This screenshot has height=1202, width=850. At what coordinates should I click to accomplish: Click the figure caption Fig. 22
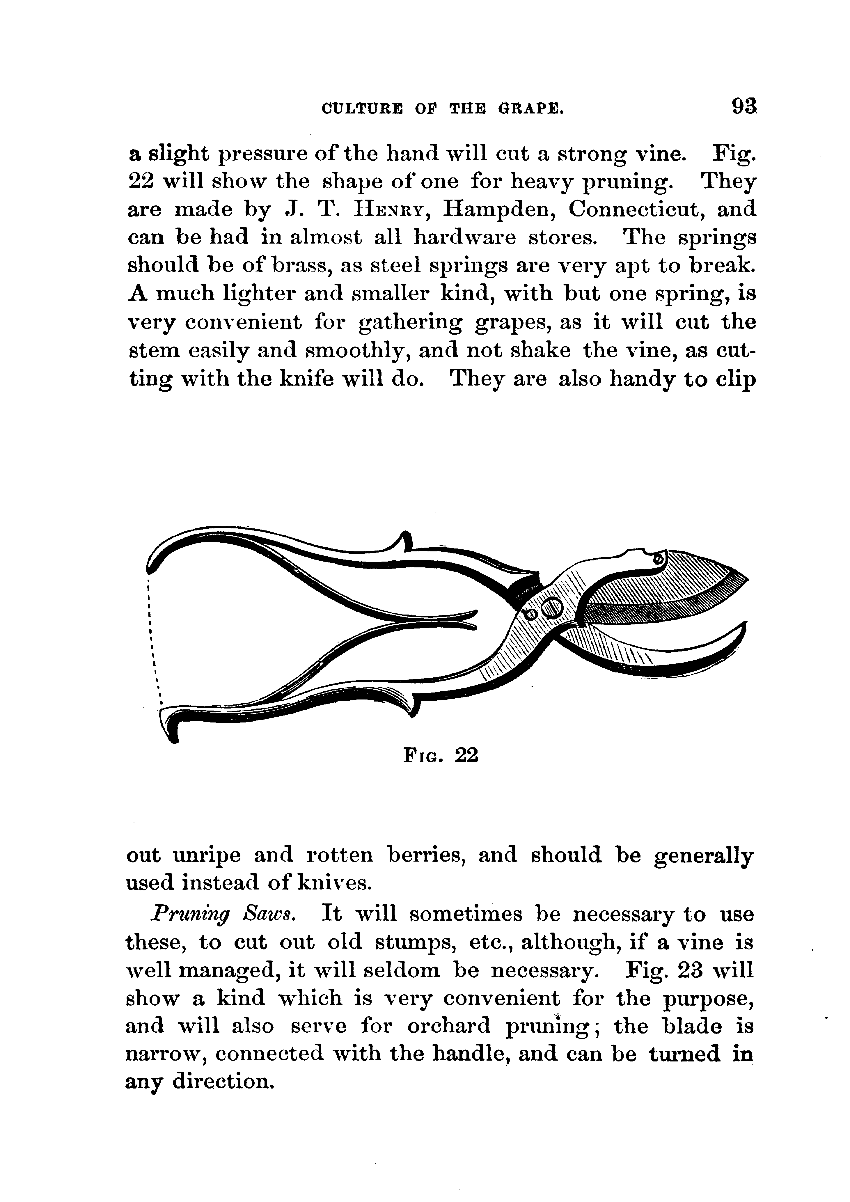pos(441,755)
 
